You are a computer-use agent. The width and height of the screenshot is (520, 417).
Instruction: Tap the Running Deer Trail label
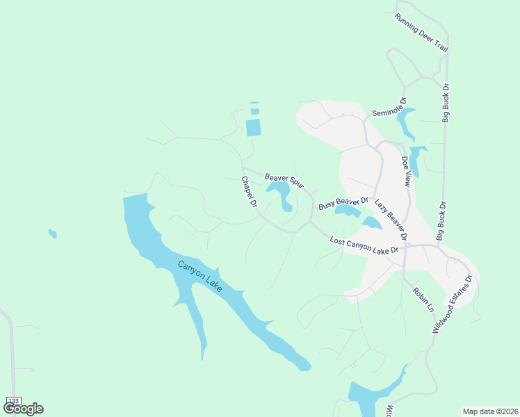coord(421,33)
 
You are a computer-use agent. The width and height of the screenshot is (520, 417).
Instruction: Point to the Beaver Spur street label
coord(284,181)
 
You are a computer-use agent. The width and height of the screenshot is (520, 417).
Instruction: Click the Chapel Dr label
coord(250,193)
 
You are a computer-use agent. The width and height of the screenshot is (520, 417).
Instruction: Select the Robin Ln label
coord(423,299)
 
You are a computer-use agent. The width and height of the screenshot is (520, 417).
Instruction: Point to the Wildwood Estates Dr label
coord(452,304)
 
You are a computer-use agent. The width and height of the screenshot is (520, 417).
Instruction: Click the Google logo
coord(23,409)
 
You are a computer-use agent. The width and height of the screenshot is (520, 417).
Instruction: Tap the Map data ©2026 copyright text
coord(490,411)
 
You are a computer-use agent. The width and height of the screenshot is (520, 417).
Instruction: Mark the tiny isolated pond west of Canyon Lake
coord(52,234)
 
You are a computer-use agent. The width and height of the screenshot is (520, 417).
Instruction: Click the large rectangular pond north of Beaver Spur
coord(253,127)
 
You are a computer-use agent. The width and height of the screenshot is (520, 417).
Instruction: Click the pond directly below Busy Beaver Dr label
coord(347,210)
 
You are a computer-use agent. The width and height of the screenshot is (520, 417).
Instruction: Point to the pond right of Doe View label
coord(417,158)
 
